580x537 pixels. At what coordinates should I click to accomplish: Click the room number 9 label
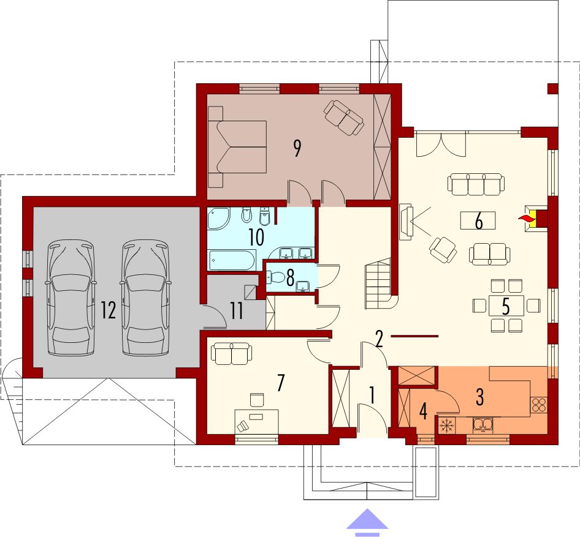click(297, 148)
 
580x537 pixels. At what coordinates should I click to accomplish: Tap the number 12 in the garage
click(109, 310)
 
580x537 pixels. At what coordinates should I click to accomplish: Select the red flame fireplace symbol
click(525, 219)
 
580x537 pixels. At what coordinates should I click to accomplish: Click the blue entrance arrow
click(367, 522)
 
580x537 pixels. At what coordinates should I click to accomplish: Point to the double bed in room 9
click(237, 146)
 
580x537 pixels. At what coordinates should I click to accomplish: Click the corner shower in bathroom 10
click(219, 219)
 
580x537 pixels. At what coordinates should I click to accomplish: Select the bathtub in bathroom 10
click(232, 260)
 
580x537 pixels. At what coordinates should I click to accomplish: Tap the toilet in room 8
click(275, 277)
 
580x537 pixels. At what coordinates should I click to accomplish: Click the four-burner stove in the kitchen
click(538, 404)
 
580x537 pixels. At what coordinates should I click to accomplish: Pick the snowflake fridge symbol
click(447, 426)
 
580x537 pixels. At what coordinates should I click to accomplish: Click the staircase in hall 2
click(378, 284)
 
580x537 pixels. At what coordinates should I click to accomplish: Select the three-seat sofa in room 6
click(476, 184)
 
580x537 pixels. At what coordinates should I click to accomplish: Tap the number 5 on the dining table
click(506, 306)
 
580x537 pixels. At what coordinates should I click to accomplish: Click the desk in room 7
click(257, 421)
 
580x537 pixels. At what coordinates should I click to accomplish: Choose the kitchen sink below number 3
click(483, 424)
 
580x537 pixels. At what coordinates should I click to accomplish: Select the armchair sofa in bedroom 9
click(343, 118)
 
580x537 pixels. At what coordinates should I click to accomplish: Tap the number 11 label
click(236, 310)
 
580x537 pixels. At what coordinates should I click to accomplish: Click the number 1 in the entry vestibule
click(373, 396)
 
